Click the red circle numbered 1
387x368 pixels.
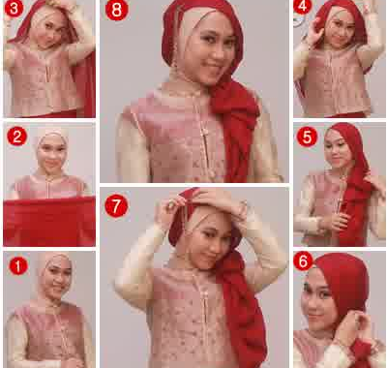17,267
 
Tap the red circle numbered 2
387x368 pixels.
16,137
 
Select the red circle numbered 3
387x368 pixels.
14,8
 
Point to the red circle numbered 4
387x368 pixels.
302,7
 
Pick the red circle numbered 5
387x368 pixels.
307,138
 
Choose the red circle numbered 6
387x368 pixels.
303,261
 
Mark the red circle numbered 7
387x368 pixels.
116,205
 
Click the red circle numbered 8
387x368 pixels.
117,10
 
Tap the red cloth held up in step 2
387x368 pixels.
49,221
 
